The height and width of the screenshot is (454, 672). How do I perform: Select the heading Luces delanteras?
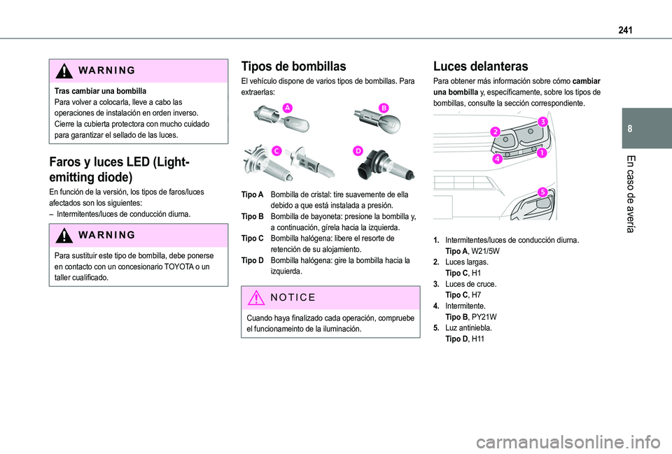click(480, 66)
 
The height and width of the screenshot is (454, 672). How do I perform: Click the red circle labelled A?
click(287, 106)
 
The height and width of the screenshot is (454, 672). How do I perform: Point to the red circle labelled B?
click(384, 106)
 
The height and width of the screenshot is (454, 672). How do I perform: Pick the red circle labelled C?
click(277, 150)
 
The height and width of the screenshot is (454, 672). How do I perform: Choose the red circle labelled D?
click(358, 150)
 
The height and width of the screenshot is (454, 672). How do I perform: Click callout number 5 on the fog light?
click(542, 192)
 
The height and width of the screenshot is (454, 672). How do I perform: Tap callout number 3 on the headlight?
click(542, 122)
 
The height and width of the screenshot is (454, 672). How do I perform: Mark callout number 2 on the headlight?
click(495, 132)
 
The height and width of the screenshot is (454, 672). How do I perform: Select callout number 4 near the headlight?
click(496, 159)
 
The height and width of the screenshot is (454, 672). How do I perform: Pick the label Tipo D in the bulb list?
click(252, 260)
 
